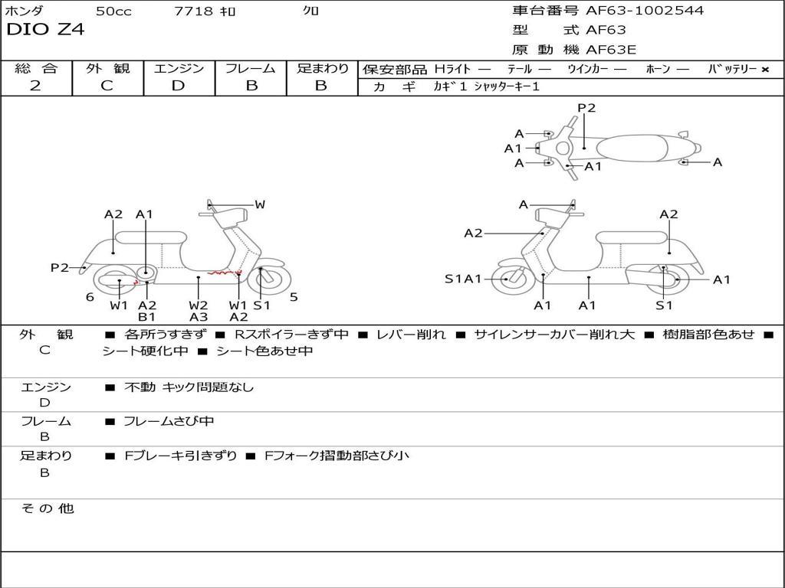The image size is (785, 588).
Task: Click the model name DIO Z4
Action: (45, 30)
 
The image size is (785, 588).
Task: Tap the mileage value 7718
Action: (194, 11)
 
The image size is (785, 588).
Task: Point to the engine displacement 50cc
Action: (113, 11)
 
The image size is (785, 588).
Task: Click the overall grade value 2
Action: (35, 86)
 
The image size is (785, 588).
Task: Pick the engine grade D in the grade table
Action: (179, 86)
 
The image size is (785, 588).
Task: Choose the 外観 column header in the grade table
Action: (107, 68)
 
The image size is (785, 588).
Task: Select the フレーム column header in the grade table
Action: (251, 68)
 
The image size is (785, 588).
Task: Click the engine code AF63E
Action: (611, 51)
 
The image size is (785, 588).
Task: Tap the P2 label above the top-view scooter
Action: (586, 108)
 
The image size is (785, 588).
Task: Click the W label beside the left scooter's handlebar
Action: (260, 204)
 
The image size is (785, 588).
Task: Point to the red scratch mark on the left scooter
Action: (226, 273)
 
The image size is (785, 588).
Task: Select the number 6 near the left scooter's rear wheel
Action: (90, 297)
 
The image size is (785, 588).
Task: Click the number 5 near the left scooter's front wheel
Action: (294, 297)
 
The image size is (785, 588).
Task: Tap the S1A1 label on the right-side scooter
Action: (463, 279)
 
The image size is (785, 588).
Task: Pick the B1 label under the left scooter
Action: (146, 317)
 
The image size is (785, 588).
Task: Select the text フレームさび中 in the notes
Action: (169, 421)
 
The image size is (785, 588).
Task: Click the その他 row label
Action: (47, 508)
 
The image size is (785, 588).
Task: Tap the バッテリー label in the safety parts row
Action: (731, 69)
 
